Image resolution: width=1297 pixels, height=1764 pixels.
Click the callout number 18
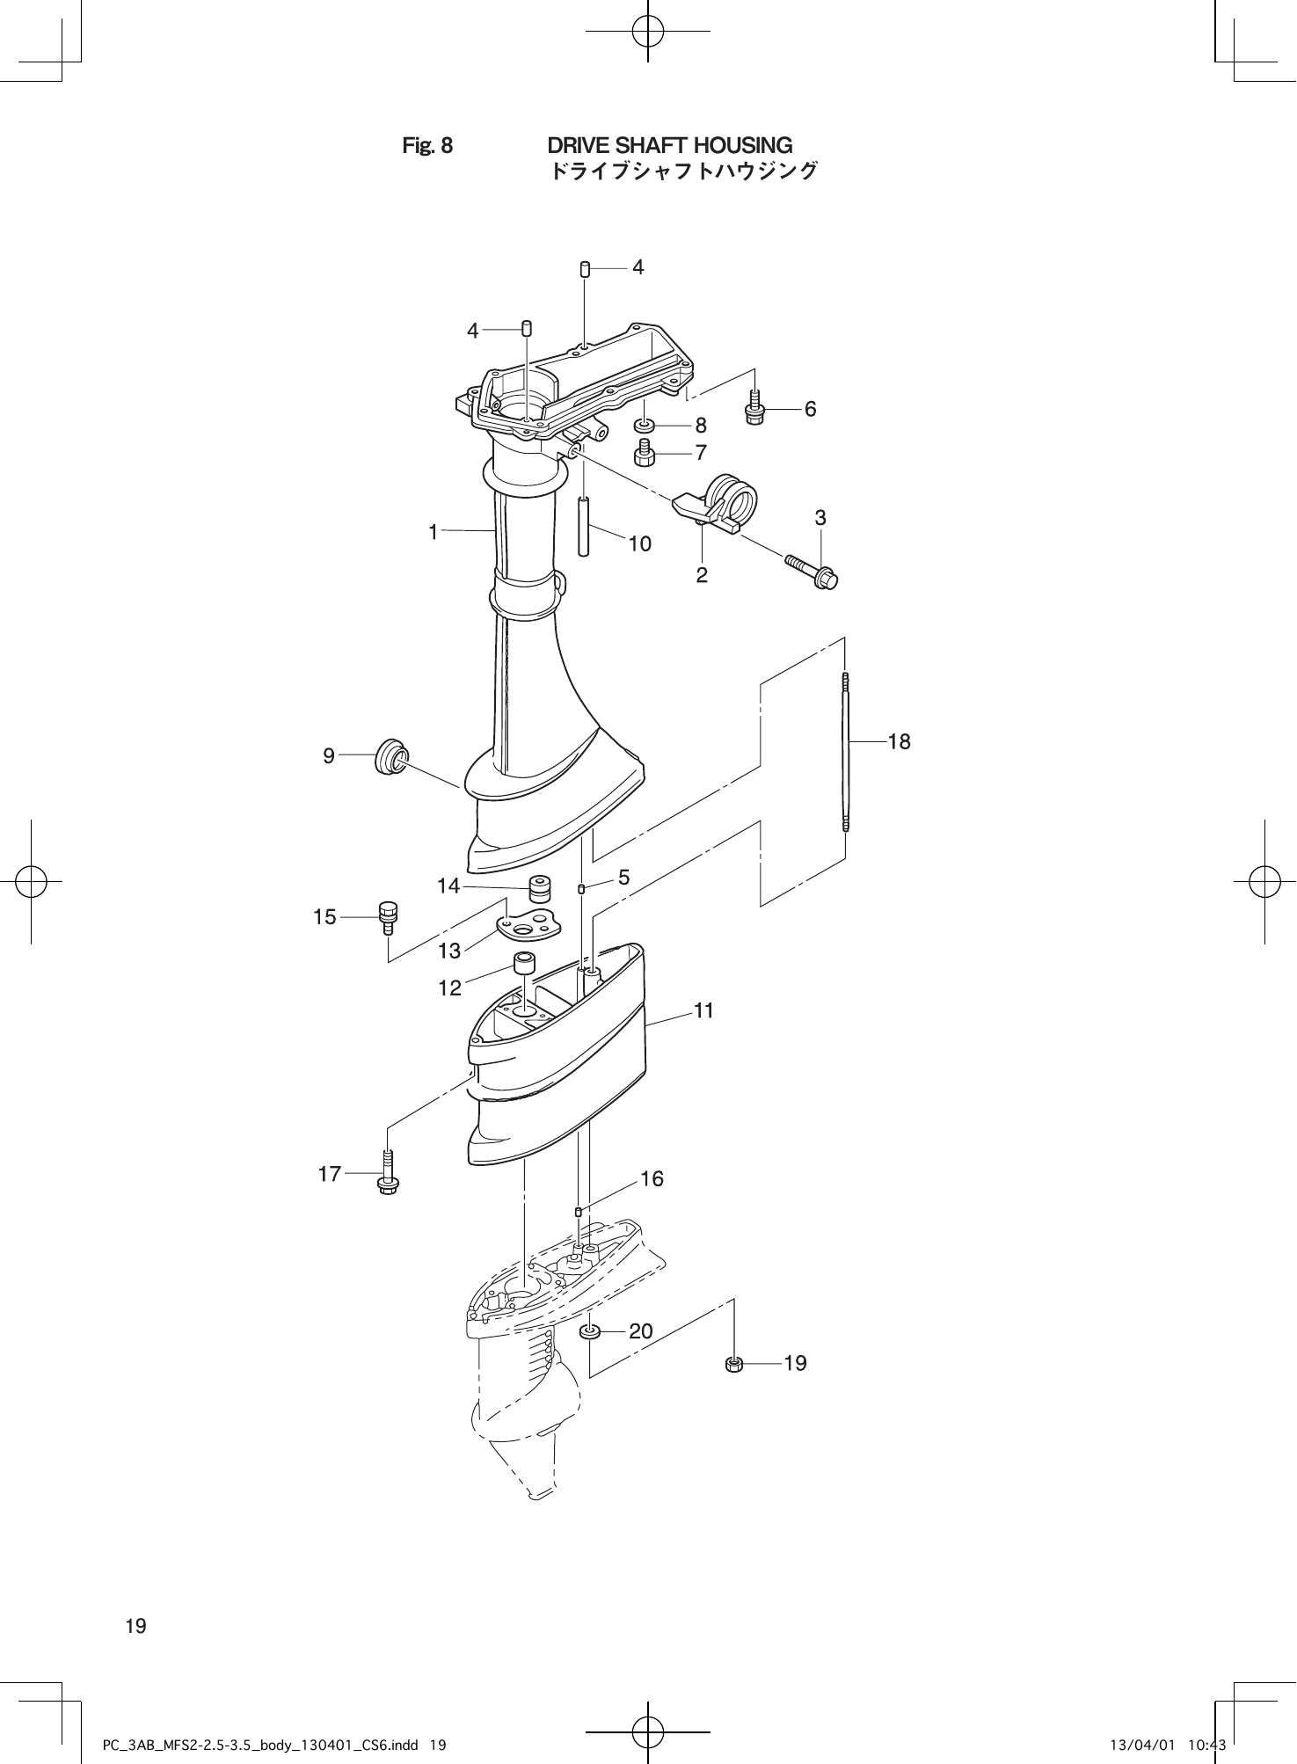coord(899,742)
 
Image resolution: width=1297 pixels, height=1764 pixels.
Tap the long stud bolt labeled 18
coord(845,752)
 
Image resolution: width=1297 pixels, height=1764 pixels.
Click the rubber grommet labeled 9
coord(391,758)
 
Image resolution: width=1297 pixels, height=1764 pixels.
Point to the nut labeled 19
coord(735,1364)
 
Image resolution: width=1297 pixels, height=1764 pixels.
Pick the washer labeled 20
coord(589,1331)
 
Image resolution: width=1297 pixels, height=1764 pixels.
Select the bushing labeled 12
coord(525,964)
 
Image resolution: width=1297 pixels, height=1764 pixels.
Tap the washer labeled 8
coord(645,426)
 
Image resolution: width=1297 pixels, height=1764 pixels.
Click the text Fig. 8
coord(427,145)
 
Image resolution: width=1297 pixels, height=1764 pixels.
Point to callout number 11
coord(703,1011)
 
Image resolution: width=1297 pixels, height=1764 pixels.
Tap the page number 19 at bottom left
coord(136,1626)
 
